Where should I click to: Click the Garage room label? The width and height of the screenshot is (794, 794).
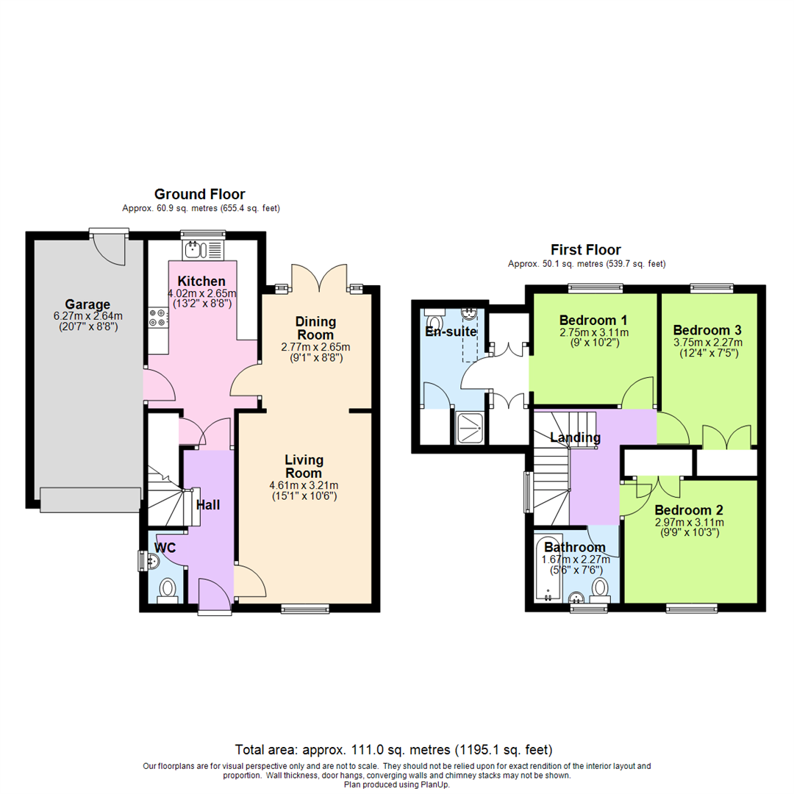[87, 304]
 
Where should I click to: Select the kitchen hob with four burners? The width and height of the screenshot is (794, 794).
[157, 318]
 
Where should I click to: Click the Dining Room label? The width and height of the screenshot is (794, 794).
[315, 328]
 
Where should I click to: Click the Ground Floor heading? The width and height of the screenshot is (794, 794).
[199, 195]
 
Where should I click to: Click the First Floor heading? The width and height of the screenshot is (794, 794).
[586, 250]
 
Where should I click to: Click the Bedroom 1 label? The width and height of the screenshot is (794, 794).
[593, 321]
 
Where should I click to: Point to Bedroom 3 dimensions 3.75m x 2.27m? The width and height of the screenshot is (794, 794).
[707, 342]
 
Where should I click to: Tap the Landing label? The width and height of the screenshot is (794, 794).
[576, 438]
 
